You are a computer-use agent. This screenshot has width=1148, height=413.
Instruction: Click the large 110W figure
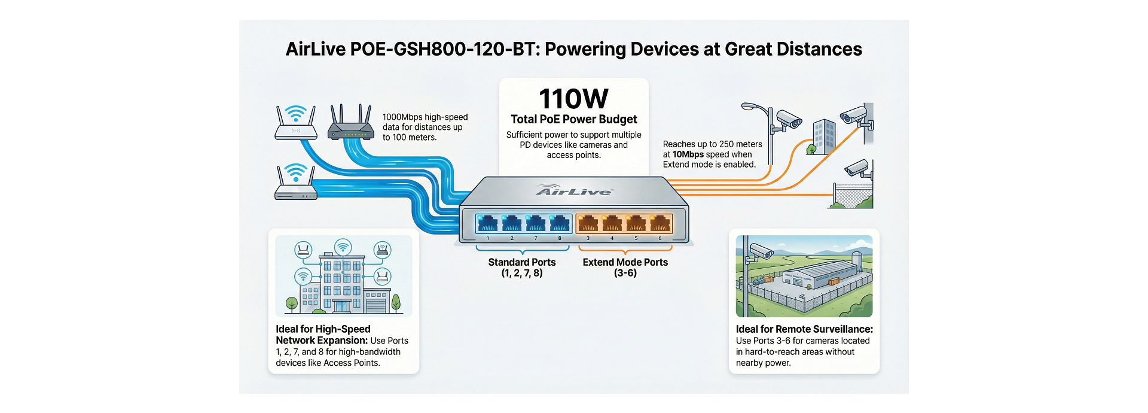point(573,99)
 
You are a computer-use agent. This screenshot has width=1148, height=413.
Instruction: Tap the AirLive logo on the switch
point(574,190)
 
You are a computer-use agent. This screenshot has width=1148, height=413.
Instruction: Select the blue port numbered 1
point(488,223)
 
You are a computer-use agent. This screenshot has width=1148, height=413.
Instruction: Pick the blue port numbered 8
point(560,223)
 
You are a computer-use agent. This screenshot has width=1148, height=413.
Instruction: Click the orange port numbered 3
point(588,223)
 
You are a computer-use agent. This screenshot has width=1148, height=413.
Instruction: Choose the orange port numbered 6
point(660,223)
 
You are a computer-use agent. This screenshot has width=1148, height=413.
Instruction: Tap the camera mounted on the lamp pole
point(787,120)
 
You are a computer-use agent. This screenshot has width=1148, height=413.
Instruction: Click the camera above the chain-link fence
point(858,168)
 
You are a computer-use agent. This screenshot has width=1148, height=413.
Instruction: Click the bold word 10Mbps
point(688,154)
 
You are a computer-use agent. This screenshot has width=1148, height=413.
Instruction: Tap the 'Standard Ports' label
point(522,262)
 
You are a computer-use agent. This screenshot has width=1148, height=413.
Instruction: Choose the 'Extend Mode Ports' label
point(625,262)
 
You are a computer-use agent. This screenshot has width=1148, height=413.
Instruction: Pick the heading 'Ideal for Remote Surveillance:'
point(804,329)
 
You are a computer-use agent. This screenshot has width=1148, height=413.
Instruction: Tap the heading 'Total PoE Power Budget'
point(574,119)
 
